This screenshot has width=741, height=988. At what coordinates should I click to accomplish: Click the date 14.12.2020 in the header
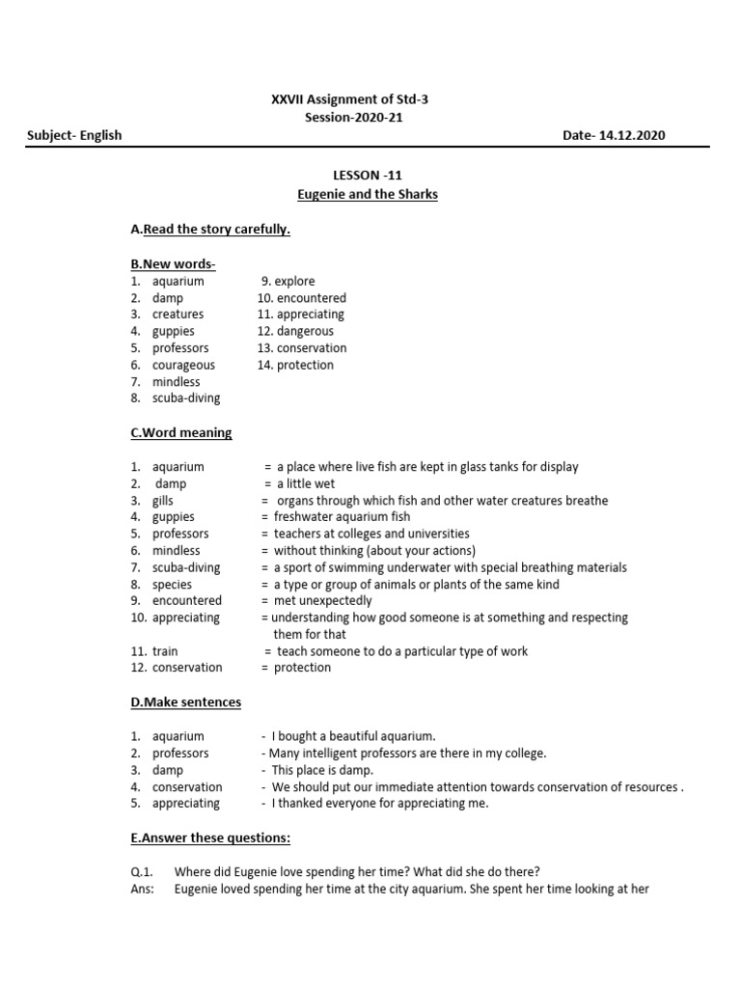click(632, 135)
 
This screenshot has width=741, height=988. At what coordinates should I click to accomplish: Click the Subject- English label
click(74, 135)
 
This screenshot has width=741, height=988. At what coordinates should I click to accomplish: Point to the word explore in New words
click(294, 282)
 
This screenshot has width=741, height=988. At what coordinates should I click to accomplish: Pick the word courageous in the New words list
click(183, 365)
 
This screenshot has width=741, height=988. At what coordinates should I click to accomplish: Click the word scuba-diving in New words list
click(186, 398)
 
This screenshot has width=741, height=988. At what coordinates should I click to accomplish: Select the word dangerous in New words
click(305, 331)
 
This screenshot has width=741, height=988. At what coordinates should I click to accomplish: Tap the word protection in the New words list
click(305, 365)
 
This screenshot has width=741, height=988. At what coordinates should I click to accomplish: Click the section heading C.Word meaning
click(180, 432)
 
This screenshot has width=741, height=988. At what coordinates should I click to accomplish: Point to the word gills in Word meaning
click(164, 501)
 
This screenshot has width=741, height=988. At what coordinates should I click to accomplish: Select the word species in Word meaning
click(172, 584)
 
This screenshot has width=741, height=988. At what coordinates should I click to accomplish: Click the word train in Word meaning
click(165, 651)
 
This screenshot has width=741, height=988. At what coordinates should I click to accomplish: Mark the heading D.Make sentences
click(185, 702)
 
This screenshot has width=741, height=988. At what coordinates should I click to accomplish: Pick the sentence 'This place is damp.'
click(322, 770)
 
